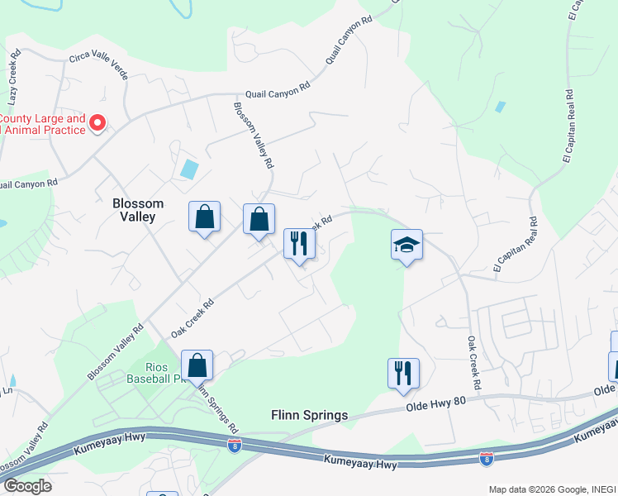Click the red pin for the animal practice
click(97, 123)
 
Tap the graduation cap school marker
click(406, 245)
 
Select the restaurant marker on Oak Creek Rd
click(299, 243)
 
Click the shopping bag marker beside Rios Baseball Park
click(197, 365)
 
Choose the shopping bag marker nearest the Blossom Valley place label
click(204, 217)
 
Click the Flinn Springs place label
click(310, 414)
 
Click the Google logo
click(26, 485)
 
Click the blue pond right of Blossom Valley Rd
click(189, 169)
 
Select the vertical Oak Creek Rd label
click(473, 363)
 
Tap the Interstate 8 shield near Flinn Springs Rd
click(235, 444)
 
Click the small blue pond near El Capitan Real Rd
click(500, 107)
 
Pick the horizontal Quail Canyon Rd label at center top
click(276, 89)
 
